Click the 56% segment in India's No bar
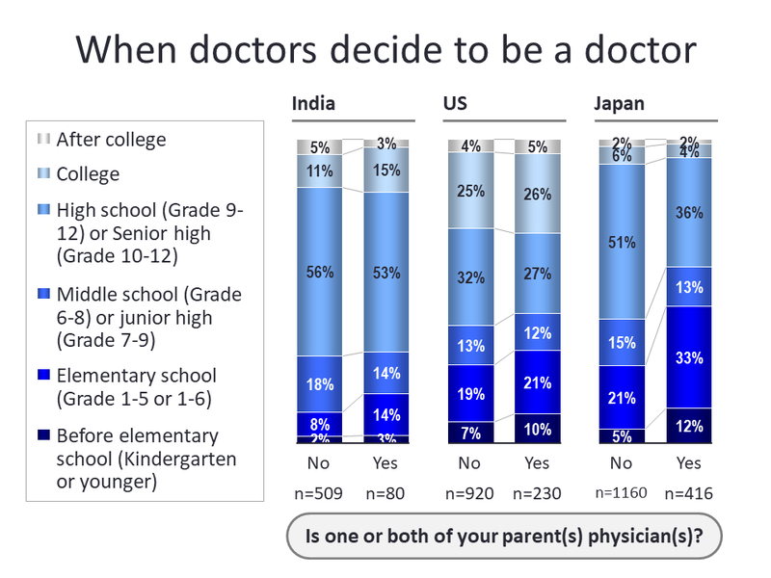point(319,272)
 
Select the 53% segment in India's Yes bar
point(386,272)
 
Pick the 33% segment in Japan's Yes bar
point(689,357)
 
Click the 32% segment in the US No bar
point(470,276)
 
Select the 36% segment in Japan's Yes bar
point(689,212)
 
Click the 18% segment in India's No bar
point(319,384)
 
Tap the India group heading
point(313,104)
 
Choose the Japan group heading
point(619,104)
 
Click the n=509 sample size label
point(320,494)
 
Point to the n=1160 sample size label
point(622,494)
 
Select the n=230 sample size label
point(538,494)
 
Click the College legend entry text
point(88,174)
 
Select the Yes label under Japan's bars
point(689,463)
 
